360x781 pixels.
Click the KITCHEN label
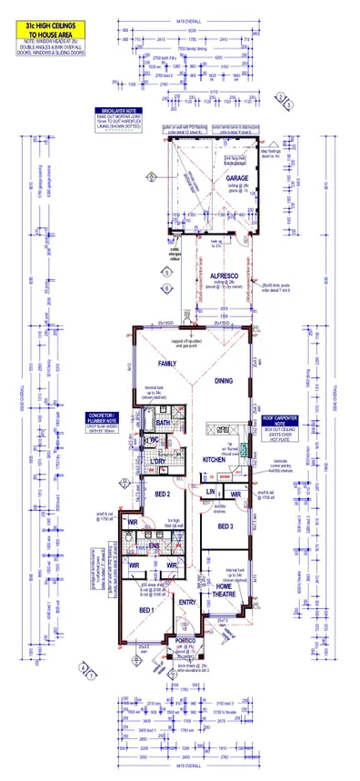point(214,461)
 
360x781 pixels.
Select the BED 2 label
point(164,494)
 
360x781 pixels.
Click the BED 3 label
point(225,526)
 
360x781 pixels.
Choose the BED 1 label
point(146,609)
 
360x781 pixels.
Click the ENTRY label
point(188,602)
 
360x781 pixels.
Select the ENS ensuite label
point(154,546)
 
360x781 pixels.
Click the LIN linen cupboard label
point(209,491)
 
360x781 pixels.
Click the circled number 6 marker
point(166,288)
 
